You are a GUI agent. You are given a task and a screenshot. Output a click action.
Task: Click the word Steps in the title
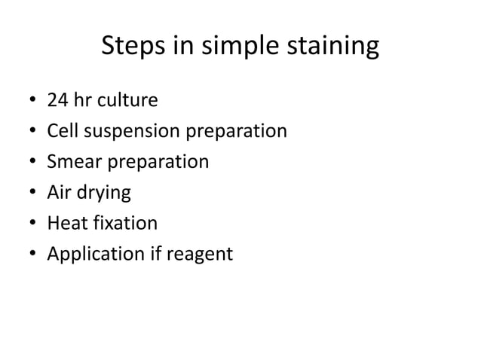click(129, 47)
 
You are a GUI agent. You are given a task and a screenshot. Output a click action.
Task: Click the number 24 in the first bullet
click(57, 100)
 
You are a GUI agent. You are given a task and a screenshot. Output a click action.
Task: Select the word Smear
click(72, 162)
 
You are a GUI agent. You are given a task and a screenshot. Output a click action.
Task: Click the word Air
click(60, 193)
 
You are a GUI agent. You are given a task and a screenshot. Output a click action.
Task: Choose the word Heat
click(65, 224)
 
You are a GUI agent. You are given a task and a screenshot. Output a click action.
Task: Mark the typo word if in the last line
click(152, 255)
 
